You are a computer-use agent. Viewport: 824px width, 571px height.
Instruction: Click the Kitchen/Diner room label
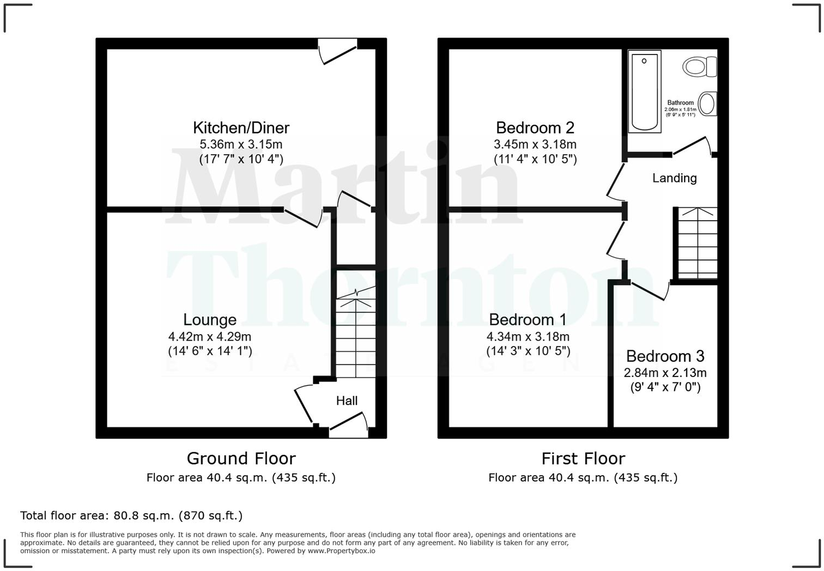(x=241, y=127)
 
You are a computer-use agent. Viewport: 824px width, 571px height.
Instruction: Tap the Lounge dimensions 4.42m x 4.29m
(x=210, y=337)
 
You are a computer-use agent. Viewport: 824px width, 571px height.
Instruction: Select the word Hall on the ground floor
(x=347, y=401)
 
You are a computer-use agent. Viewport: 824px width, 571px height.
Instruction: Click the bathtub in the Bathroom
(x=644, y=91)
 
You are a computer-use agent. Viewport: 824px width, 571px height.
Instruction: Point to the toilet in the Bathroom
(x=699, y=67)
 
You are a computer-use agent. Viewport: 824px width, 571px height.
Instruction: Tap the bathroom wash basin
(x=707, y=104)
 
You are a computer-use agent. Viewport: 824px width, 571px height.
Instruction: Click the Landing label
(x=674, y=178)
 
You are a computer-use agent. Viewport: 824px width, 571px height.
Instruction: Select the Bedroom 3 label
(x=665, y=356)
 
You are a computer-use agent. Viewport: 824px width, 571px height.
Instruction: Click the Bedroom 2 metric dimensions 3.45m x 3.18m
(x=535, y=145)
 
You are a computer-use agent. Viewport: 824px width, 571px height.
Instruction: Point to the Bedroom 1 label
(x=527, y=320)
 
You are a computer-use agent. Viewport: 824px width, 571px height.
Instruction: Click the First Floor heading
(x=583, y=459)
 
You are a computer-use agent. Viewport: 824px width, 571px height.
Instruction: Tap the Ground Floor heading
(x=241, y=459)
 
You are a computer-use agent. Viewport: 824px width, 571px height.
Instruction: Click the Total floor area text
(x=131, y=515)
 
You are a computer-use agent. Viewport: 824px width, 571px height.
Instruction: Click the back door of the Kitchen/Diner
(x=338, y=52)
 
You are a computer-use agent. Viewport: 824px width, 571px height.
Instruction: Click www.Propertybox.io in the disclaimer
(x=341, y=551)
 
